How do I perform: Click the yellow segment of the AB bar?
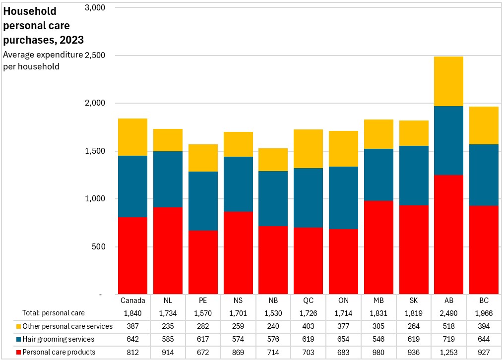(x=448, y=81)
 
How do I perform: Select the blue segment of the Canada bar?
(x=132, y=186)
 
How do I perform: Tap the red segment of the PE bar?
(x=203, y=262)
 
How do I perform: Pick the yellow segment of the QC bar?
(x=309, y=149)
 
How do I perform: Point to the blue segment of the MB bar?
(x=378, y=175)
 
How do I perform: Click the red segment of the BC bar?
(x=484, y=250)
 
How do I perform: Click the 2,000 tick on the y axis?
(x=95, y=103)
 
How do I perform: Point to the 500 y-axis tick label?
(x=98, y=247)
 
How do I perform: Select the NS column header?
(x=238, y=300)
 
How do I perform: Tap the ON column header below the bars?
(x=343, y=300)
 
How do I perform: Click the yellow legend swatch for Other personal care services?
(x=18, y=326)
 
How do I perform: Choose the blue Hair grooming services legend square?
(x=18, y=339)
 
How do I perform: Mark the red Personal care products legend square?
(x=18, y=353)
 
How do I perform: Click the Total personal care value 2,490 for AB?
(x=448, y=313)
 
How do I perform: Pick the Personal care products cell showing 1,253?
(x=448, y=353)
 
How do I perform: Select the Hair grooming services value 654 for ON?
(x=343, y=339)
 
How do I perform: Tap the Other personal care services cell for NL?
(x=168, y=326)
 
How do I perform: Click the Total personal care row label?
(x=54, y=313)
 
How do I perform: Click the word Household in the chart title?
(x=30, y=11)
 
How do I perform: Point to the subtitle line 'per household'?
(x=31, y=66)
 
